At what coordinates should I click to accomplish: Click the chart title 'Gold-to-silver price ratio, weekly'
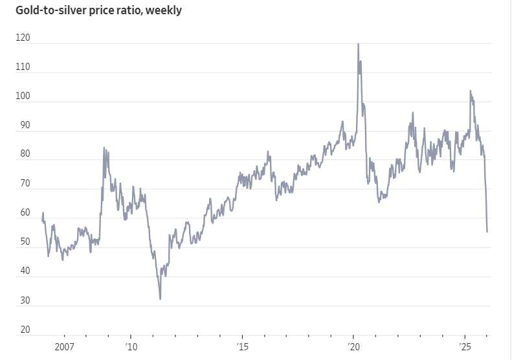click(x=94, y=10)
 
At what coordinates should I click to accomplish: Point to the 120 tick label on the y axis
click(x=23, y=38)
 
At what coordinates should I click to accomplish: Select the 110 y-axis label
click(x=23, y=67)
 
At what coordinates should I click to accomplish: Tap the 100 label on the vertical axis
click(x=23, y=96)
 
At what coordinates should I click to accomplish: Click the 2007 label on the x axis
click(x=63, y=348)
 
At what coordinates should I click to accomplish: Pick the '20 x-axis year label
click(x=353, y=348)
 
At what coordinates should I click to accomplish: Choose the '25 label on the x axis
click(x=464, y=348)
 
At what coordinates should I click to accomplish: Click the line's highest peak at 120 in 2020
click(x=358, y=44)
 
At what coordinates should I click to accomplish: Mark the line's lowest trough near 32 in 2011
click(x=160, y=298)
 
